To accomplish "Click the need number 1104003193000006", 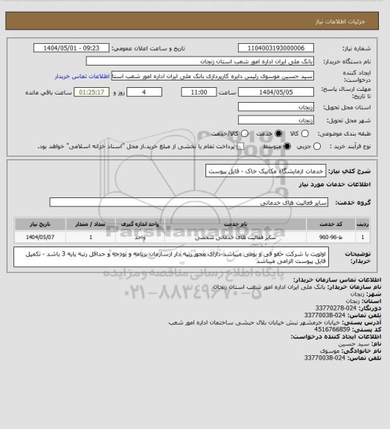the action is pyautogui.click(x=275, y=48).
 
